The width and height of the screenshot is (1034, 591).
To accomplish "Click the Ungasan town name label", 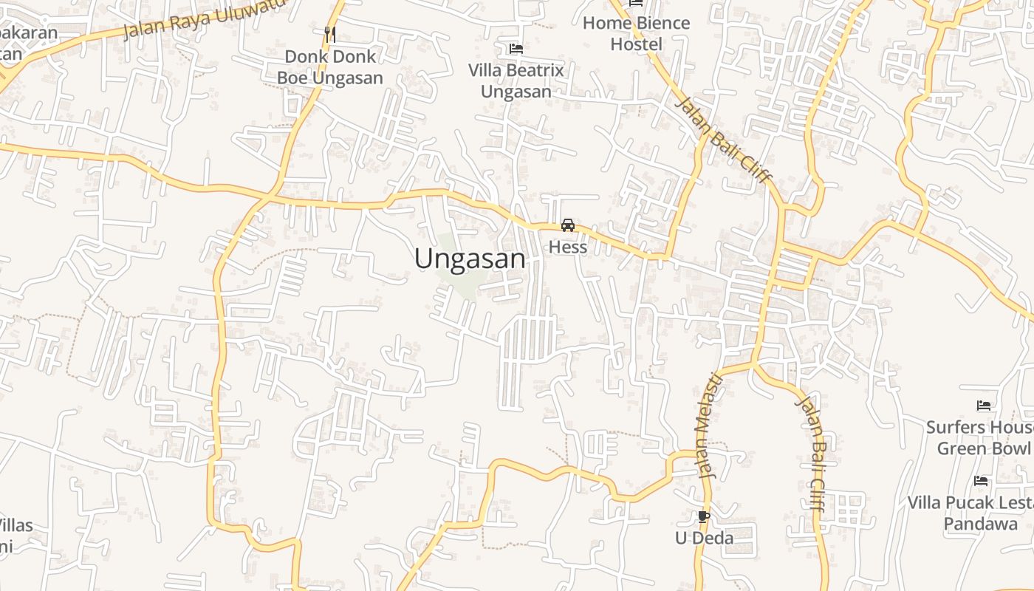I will tap(470, 259).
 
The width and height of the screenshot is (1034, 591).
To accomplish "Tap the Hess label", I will tap(567, 247).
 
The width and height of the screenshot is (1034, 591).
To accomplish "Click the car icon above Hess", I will tap(567, 225).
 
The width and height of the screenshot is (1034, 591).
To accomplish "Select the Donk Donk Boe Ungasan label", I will tap(329, 67).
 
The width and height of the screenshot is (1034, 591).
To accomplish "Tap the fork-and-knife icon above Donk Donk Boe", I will tap(329, 34).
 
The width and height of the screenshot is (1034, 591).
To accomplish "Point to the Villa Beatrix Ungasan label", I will tap(516, 81).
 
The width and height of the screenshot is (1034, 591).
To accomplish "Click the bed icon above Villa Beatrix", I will tap(516, 49).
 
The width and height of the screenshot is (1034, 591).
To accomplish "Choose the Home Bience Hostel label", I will tap(636, 33).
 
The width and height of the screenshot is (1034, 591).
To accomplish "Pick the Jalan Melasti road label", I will tap(706, 425).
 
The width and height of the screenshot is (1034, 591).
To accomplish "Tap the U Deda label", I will tap(704, 538).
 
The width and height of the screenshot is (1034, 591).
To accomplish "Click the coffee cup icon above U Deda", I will tap(703, 516).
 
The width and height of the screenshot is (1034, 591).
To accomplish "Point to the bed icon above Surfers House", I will tap(983, 406).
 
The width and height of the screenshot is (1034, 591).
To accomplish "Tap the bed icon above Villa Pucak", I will tap(981, 481).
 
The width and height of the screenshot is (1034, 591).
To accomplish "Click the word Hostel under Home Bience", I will tap(636, 44).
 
